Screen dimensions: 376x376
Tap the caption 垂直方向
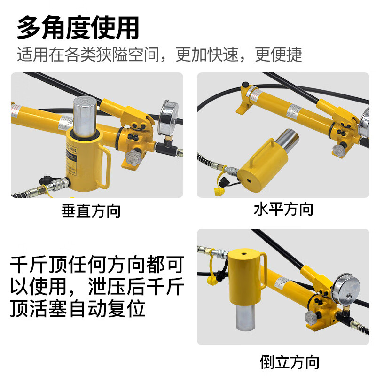click(91, 211)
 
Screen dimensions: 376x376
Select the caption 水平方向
click(283, 209)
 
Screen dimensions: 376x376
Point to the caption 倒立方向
click(290, 361)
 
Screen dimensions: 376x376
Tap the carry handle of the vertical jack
click(106, 169)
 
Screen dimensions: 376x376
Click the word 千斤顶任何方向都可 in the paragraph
click(96, 266)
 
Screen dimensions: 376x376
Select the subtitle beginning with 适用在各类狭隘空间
click(159, 55)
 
